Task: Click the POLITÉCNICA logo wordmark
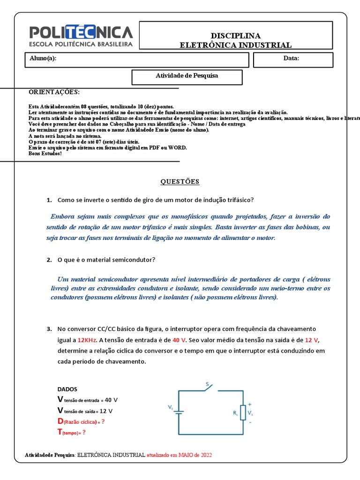(x=81, y=32)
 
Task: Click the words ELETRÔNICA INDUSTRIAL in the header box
(x=236, y=45)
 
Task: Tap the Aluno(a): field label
(x=43, y=59)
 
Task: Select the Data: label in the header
(x=291, y=59)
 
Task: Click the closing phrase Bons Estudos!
(x=45, y=153)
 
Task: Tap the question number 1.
(x=49, y=200)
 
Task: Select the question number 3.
(x=49, y=329)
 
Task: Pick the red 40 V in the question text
(x=179, y=340)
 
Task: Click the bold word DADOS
(x=67, y=389)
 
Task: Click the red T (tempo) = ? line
(x=71, y=433)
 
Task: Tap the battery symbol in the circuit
(x=179, y=412)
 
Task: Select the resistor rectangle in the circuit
(x=242, y=412)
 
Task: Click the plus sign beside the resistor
(x=249, y=404)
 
